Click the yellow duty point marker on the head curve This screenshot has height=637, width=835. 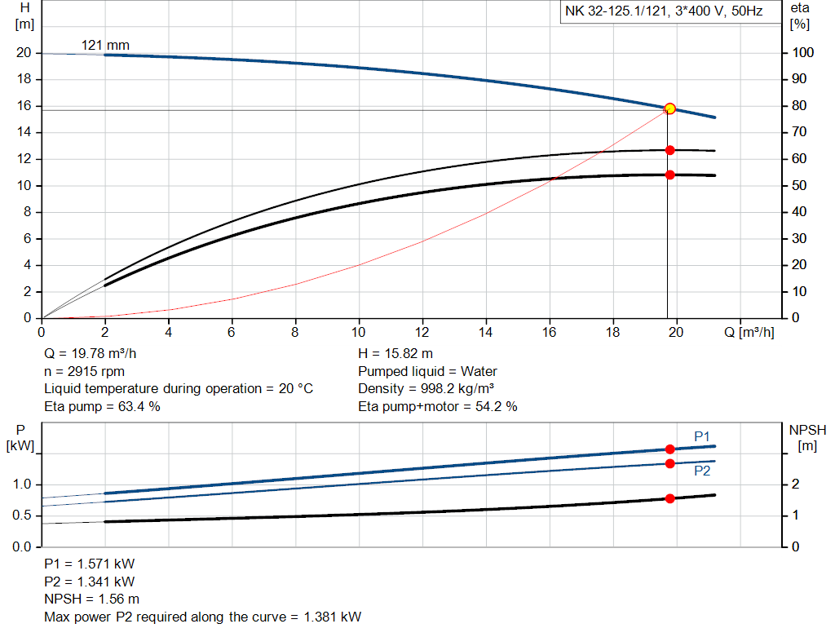tap(670, 108)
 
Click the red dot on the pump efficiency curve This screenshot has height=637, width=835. tap(670, 150)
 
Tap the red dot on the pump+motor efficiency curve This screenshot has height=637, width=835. tap(670, 175)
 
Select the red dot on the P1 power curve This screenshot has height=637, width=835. tap(670, 449)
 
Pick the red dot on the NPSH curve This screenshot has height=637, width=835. tap(670, 498)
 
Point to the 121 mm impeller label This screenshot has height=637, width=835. tap(105, 45)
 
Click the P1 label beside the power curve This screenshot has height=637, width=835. tap(702, 436)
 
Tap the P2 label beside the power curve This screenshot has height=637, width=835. tap(702, 471)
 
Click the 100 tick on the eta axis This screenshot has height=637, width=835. tap(802, 53)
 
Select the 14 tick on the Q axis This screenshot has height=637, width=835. tap(485, 332)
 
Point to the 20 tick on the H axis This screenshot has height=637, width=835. tap(24, 53)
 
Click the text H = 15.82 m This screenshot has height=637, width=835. tap(396, 353)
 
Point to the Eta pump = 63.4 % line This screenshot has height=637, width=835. tap(102, 406)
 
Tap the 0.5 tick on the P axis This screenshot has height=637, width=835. tap(22, 515)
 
